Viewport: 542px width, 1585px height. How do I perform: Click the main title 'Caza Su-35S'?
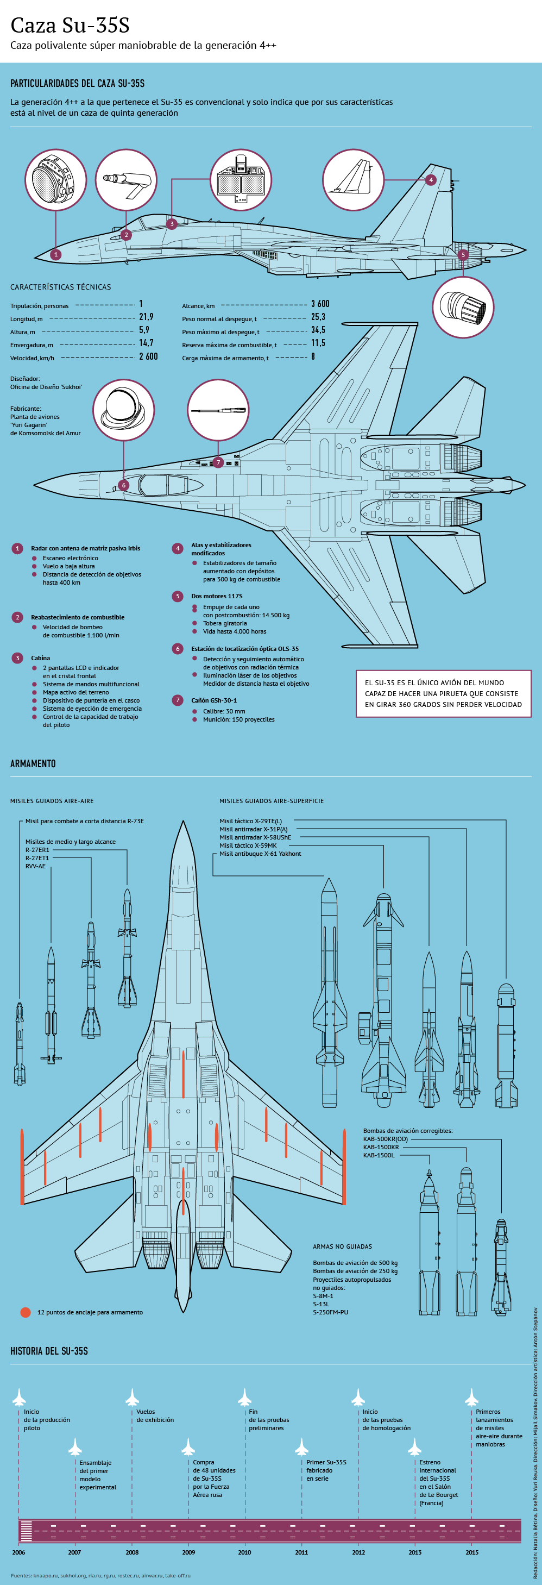tap(70, 25)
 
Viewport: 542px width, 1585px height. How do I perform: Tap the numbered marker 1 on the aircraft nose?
tap(56, 254)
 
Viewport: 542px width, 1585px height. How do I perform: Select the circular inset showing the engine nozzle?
tap(463, 307)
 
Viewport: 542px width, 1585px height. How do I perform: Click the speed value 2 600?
tap(148, 356)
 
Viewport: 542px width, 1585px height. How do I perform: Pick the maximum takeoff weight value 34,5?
tap(318, 330)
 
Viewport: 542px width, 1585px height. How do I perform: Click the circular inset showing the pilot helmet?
tap(124, 410)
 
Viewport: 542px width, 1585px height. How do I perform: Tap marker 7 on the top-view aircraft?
tap(218, 462)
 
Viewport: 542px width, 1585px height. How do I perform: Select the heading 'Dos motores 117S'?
tap(217, 596)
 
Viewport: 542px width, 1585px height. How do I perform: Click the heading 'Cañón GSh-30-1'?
tap(213, 700)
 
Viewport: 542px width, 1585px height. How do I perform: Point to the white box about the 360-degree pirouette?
tap(443, 693)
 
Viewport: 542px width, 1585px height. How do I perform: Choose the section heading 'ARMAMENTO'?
tap(33, 763)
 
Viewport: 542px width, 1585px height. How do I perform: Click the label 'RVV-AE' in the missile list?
tap(35, 866)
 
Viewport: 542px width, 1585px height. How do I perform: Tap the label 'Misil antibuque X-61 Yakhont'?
tap(260, 854)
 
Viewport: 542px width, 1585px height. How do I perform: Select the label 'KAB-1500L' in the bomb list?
tap(379, 1155)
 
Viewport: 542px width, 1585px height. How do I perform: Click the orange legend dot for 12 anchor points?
tap(25, 1312)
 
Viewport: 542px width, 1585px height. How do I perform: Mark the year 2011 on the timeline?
tap(301, 1552)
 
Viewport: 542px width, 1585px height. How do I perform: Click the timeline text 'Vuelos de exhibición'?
tap(155, 1416)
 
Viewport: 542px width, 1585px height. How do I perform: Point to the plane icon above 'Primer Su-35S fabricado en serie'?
tap(301, 1446)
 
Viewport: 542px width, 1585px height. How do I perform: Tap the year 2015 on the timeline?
tap(472, 1552)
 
